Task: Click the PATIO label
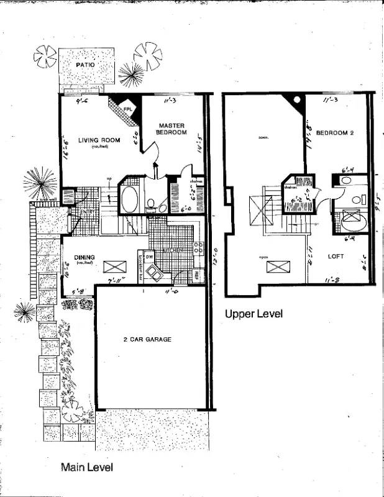pos(85,64)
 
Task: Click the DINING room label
pos(84,258)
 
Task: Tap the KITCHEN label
pos(173,249)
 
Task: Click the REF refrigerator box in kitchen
pos(197,273)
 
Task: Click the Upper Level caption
pos(254,314)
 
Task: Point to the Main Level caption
pos(86,467)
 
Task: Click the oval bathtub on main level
pos(130,200)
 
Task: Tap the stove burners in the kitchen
pos(198,248)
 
